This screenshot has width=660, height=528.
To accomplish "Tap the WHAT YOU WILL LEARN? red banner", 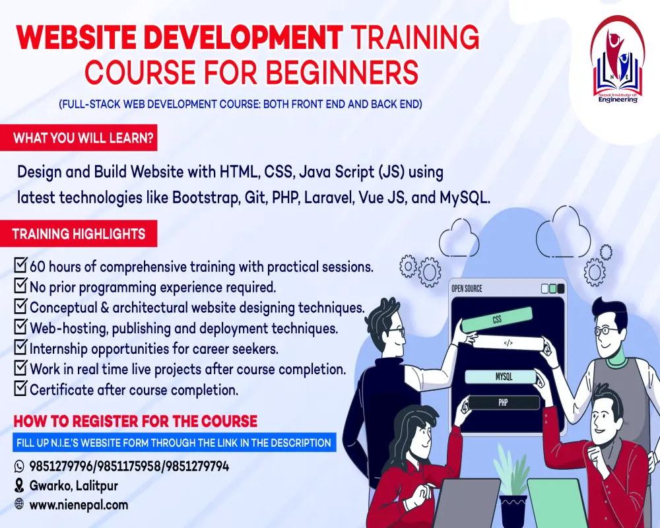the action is click(79, 138).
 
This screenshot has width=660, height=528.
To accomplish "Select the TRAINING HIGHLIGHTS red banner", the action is click(79, 234).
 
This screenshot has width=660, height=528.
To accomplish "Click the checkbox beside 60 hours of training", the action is click(20, 265).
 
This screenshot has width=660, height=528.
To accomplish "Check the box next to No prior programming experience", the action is click(20, 286).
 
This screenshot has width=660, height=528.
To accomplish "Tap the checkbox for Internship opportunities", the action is click(20, 347).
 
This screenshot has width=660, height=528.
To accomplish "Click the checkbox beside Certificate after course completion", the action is click(20, 388).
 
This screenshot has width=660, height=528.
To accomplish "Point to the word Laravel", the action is click(328, 197).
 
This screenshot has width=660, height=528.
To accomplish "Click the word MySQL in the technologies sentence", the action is click(465, 197).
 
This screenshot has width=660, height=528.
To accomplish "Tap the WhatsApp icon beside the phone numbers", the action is click(19, 466).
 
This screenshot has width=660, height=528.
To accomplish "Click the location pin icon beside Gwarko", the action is click(19, 486).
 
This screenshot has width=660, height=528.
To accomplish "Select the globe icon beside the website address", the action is click(19, 504).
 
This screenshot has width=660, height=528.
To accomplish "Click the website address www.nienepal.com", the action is click(79, 505).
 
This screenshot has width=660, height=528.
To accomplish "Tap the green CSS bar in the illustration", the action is click(497, 319).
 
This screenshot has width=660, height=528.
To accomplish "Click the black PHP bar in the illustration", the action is click(504, 403).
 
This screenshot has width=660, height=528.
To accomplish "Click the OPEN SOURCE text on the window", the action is click(467, 289).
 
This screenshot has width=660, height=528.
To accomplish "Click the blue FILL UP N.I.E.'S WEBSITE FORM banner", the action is click(174, 442).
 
